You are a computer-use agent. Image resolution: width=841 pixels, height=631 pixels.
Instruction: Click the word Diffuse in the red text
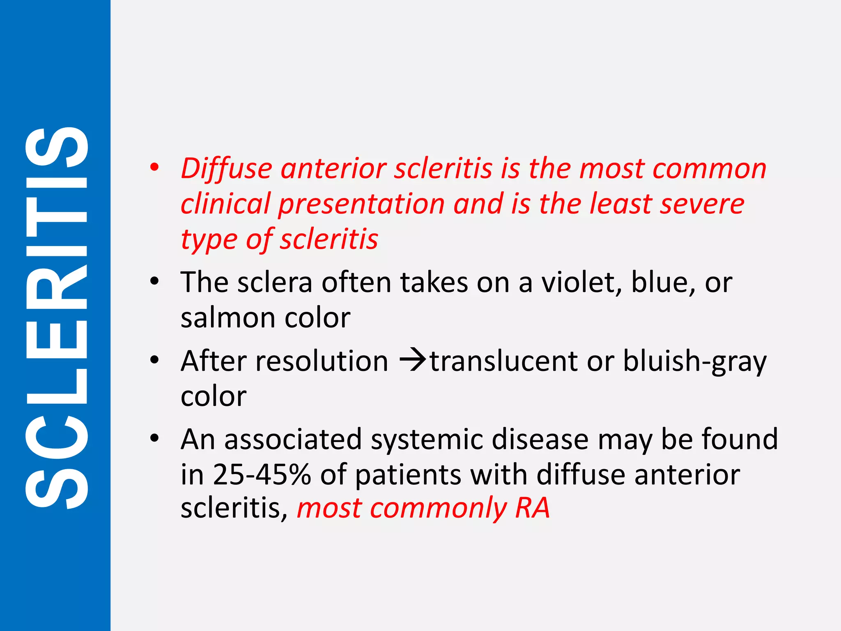[226, 169]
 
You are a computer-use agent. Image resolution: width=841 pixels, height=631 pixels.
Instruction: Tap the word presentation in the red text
[362, 204]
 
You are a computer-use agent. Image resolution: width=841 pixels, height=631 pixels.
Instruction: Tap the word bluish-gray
[694, 362]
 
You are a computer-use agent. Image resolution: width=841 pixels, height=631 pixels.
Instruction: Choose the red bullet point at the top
[154, 168]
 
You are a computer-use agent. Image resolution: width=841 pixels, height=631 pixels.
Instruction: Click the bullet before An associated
[154, 438]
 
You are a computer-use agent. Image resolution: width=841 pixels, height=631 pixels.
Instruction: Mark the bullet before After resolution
[154, 360]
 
